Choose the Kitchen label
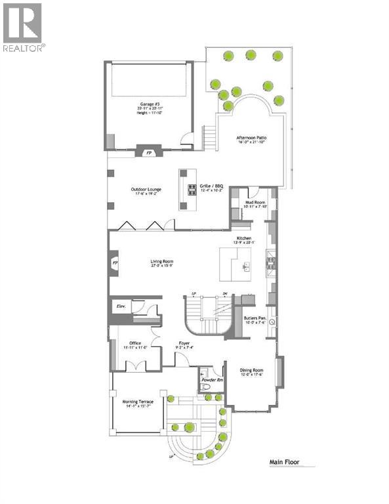coord(244,238)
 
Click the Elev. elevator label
coord(121,306)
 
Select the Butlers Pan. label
coord(255,320)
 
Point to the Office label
coord(135,343)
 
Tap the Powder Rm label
coord(213,380)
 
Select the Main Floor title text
coord(285,462)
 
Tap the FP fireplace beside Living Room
coord(115,263)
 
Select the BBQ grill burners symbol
coord(192,190)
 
